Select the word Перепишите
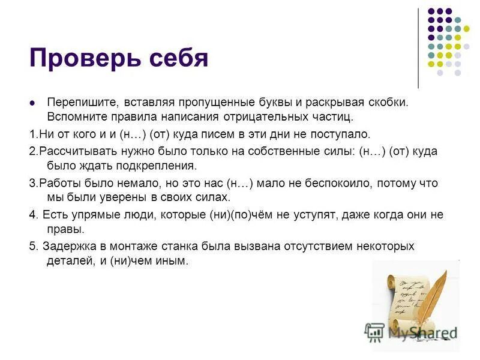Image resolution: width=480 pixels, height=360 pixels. tap(76, 103)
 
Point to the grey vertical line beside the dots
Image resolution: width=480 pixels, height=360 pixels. tap(418, 48)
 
